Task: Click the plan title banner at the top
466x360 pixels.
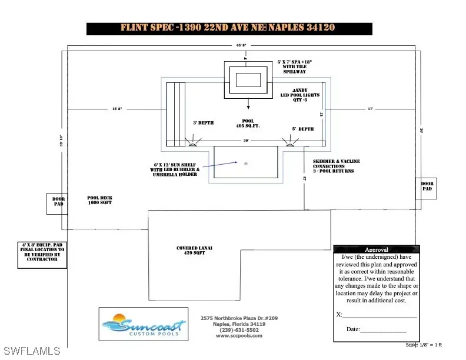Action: coord(229,28)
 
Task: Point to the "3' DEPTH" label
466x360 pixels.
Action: coord(203,123)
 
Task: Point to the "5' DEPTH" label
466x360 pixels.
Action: coord(302,129)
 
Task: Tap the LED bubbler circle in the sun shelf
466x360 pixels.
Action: coord(246,162)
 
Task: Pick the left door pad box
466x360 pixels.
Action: coord(57,204)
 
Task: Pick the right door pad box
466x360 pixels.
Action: coord(427,187)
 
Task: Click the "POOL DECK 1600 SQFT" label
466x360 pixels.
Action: coord(99,200)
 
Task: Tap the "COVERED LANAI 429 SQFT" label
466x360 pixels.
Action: coord(194,251)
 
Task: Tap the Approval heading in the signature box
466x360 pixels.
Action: coord(377,249)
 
